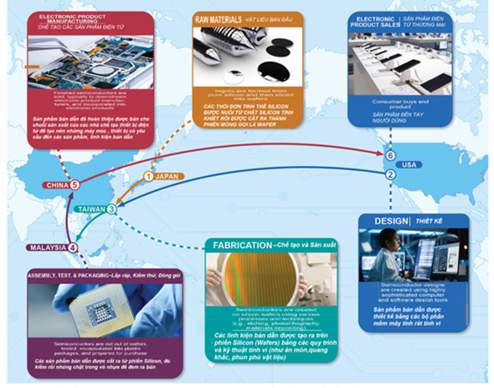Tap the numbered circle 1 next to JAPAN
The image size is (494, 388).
[x=148, y=176]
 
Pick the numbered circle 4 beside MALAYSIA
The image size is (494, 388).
[x=72, y=247]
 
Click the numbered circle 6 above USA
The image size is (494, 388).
[x=390, y=156]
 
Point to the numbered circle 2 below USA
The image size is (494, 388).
[x=390, y=175]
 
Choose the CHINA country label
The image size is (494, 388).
[x=57, y=185]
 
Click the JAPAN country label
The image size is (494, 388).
[x=166, y=176]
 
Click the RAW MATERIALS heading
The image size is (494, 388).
[x=218, y=20]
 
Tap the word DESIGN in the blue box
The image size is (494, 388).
[x=391, y=221]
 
